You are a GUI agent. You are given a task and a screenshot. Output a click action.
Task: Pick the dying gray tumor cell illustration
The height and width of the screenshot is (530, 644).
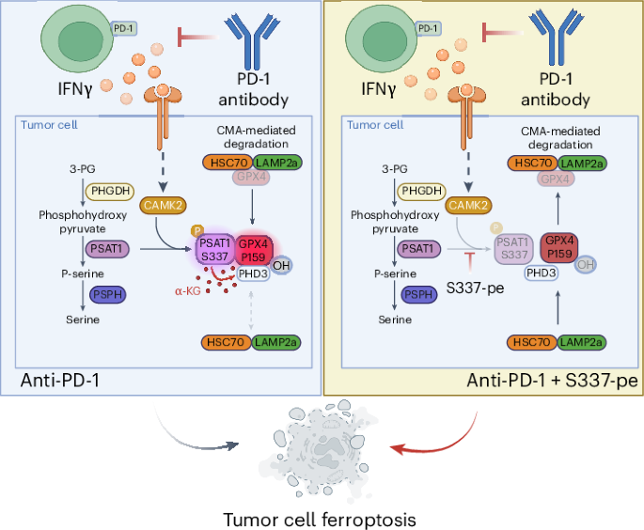pyautogui.click(x=322, y=450)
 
